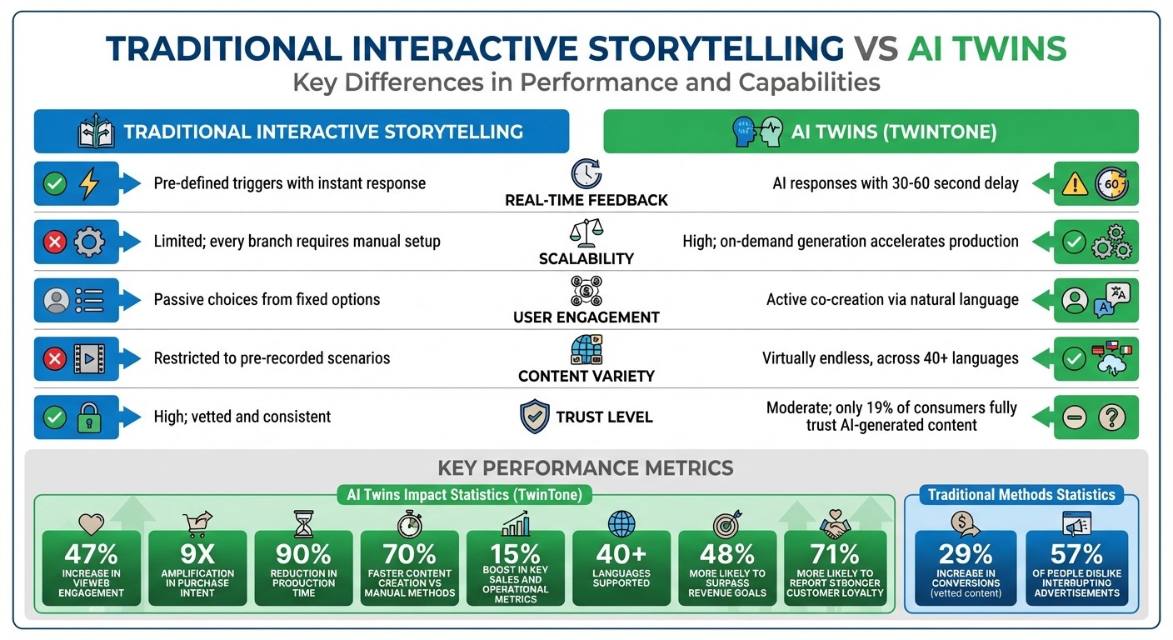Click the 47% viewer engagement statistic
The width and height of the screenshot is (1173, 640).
(x=91, y=553)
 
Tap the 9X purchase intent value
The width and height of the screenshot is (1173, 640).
(x=197, y=553)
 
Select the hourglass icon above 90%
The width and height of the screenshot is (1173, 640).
(x=303, y=524)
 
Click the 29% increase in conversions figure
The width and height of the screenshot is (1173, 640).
(x=966, y=553)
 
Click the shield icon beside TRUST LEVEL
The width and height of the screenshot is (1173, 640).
(x=534, y=416)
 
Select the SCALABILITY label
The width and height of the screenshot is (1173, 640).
(x=586, y=258)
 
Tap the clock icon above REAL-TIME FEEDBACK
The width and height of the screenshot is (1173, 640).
(x=586, y=174)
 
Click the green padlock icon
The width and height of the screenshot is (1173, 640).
(x=88, y=417)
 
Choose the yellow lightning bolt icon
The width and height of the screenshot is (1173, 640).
(x=88, y=183)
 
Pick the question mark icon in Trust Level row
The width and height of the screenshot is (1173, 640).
(x=1111, y=417)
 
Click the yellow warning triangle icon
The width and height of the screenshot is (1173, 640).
(x=1074, y=184)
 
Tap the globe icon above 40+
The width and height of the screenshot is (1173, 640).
(x=621, y=524)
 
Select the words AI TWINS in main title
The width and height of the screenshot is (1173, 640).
(x=987, y=49)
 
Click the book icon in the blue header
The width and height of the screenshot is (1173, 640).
(x=96, y=132)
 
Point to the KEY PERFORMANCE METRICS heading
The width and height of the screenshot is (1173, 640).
(x=586, y=467)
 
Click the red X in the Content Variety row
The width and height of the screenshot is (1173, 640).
(x=55, y=359)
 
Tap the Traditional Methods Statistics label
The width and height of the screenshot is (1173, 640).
(x=1021, y=494)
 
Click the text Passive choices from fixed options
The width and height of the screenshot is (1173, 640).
(x=267, y=299)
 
